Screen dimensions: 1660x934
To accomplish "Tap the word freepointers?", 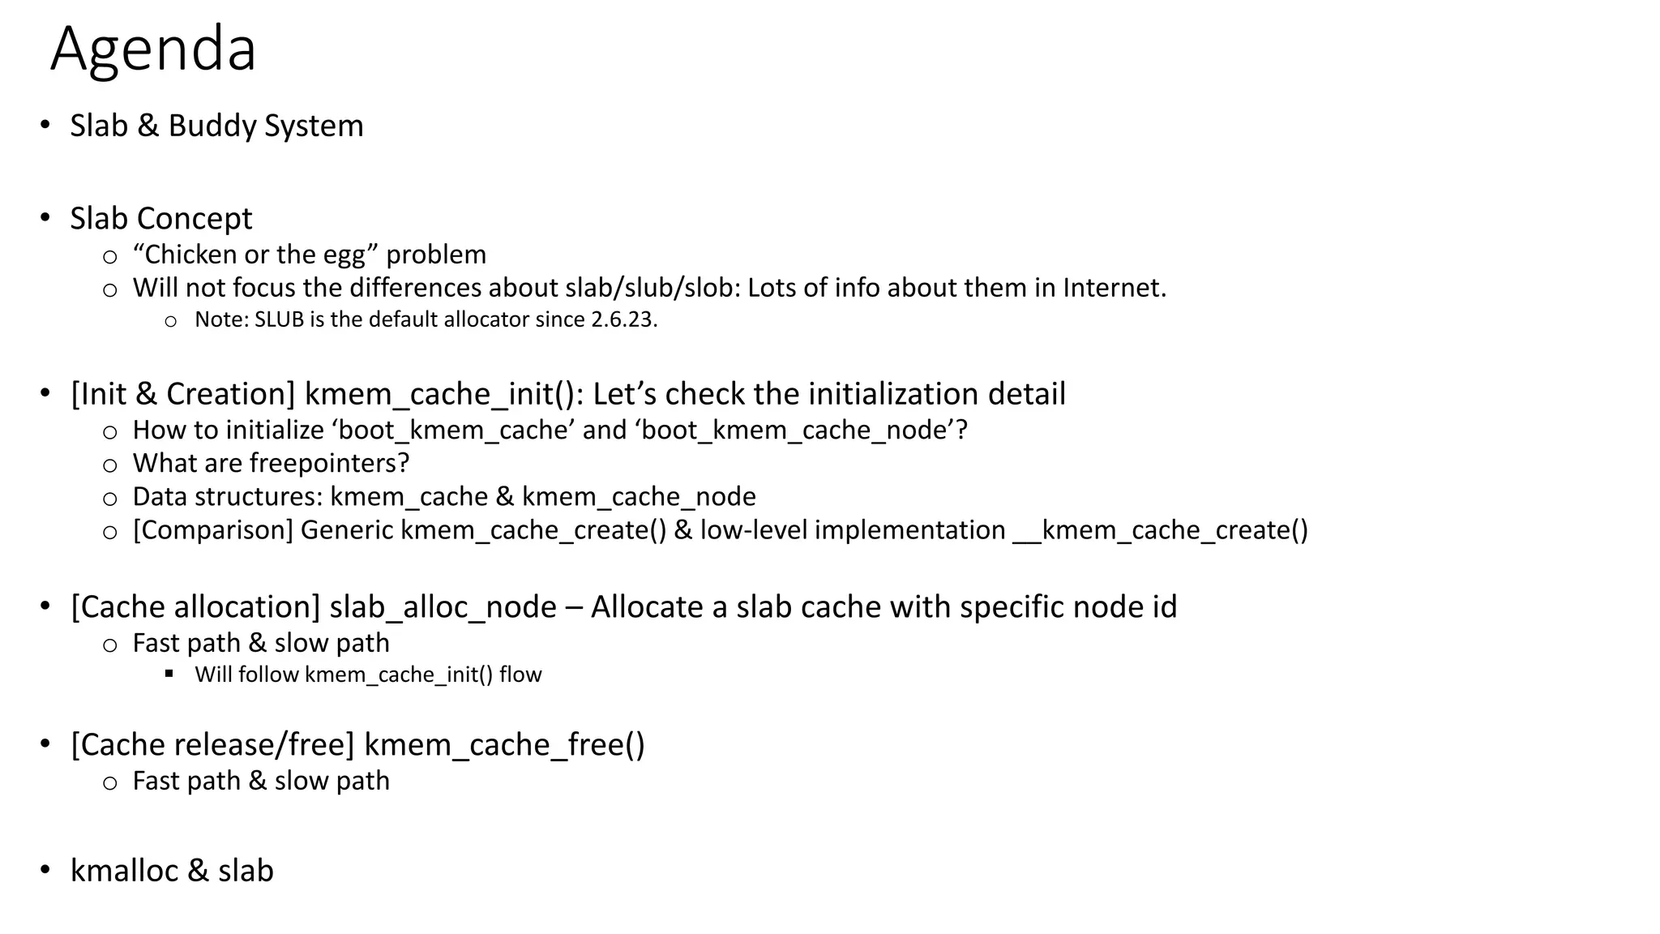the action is click(x=329, y=463).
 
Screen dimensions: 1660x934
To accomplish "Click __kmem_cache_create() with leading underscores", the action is click(x=1160, y=530).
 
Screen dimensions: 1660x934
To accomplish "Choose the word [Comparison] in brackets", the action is click(x=212, y=530).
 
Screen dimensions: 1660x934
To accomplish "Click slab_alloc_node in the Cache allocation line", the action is click(x=443, y=607).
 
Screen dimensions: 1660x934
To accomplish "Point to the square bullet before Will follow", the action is click(x=169, y=674).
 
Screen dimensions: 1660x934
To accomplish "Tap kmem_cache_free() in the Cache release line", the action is click(x=504, y=745).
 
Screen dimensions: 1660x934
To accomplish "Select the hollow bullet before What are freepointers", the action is click(x=110, y=465).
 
